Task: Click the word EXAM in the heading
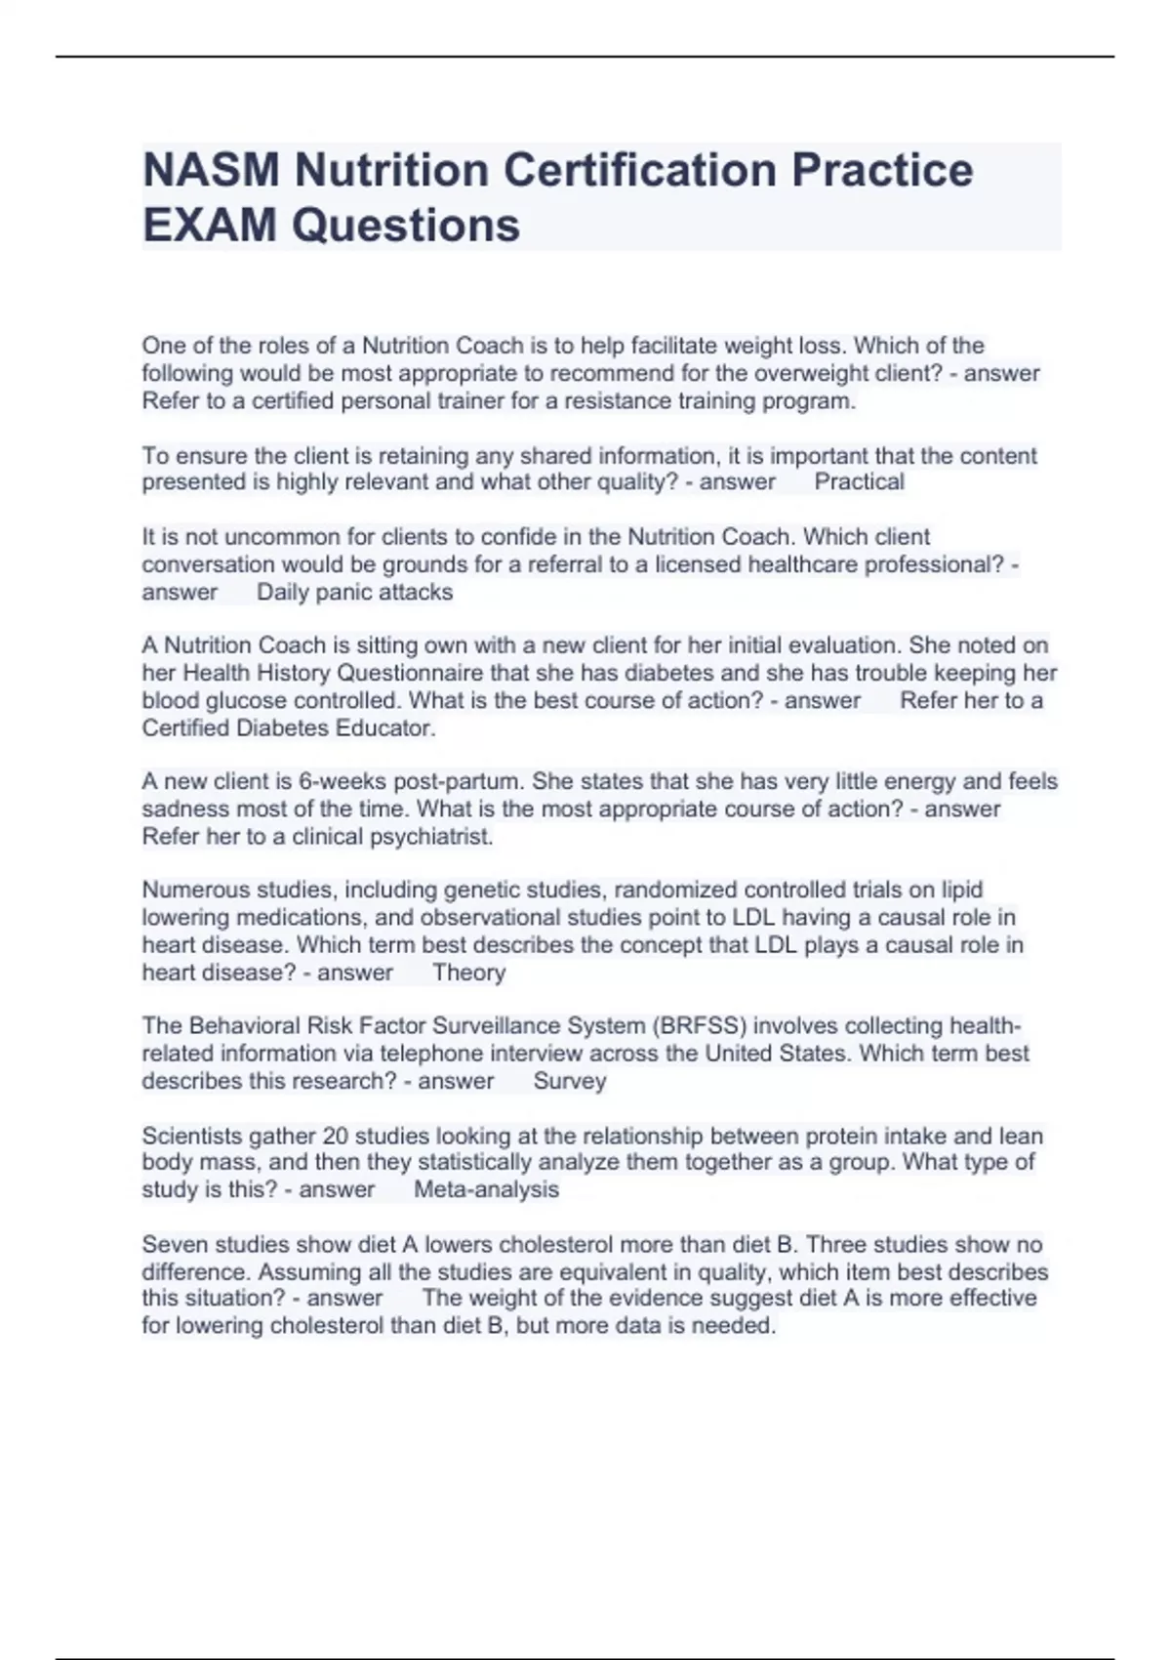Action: [210, 226]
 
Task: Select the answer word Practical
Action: [859, 481]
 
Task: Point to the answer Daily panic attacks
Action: [354, 592]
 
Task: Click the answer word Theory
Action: [468, 973]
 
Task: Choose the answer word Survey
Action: [570, 1081]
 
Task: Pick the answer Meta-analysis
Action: [486, 1189]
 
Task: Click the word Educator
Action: [385, 727]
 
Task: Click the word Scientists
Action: [191, 1136]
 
